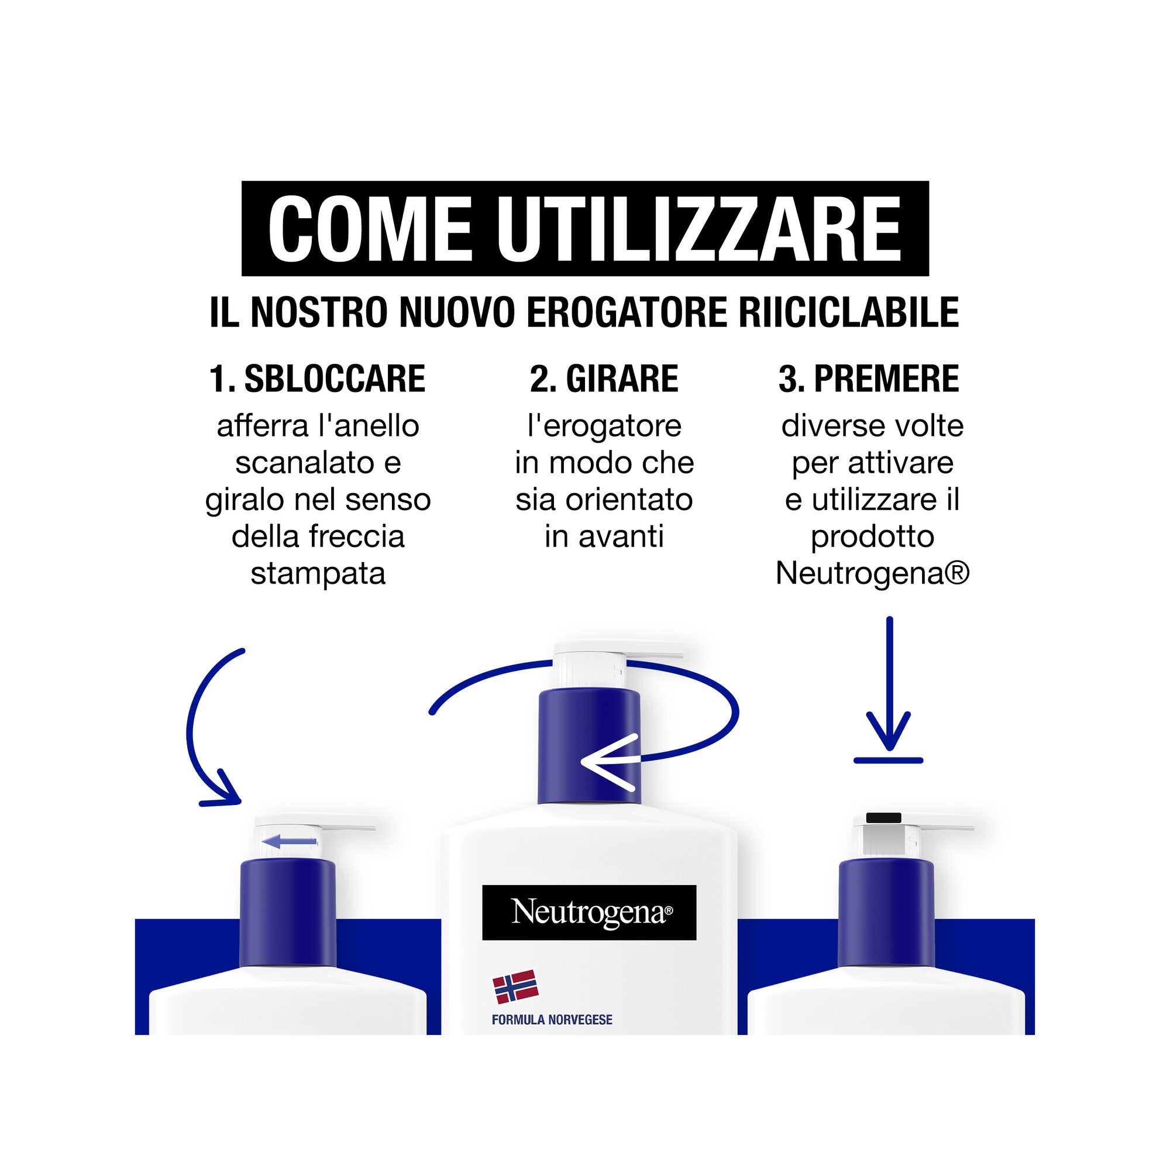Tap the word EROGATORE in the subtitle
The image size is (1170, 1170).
627,312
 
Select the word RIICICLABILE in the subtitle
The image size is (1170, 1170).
848,312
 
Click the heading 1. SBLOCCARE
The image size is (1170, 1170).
317,379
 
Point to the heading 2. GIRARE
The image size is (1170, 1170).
604,379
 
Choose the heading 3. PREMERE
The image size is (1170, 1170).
869,379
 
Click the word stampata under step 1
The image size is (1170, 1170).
318,573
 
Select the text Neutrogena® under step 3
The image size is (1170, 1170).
873,573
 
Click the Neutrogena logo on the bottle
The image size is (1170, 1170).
589,913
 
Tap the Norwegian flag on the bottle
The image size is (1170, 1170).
515,987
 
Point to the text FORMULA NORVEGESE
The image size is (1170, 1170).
552,1020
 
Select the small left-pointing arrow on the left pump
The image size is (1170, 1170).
290,841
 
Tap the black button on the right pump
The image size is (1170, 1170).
883,818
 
